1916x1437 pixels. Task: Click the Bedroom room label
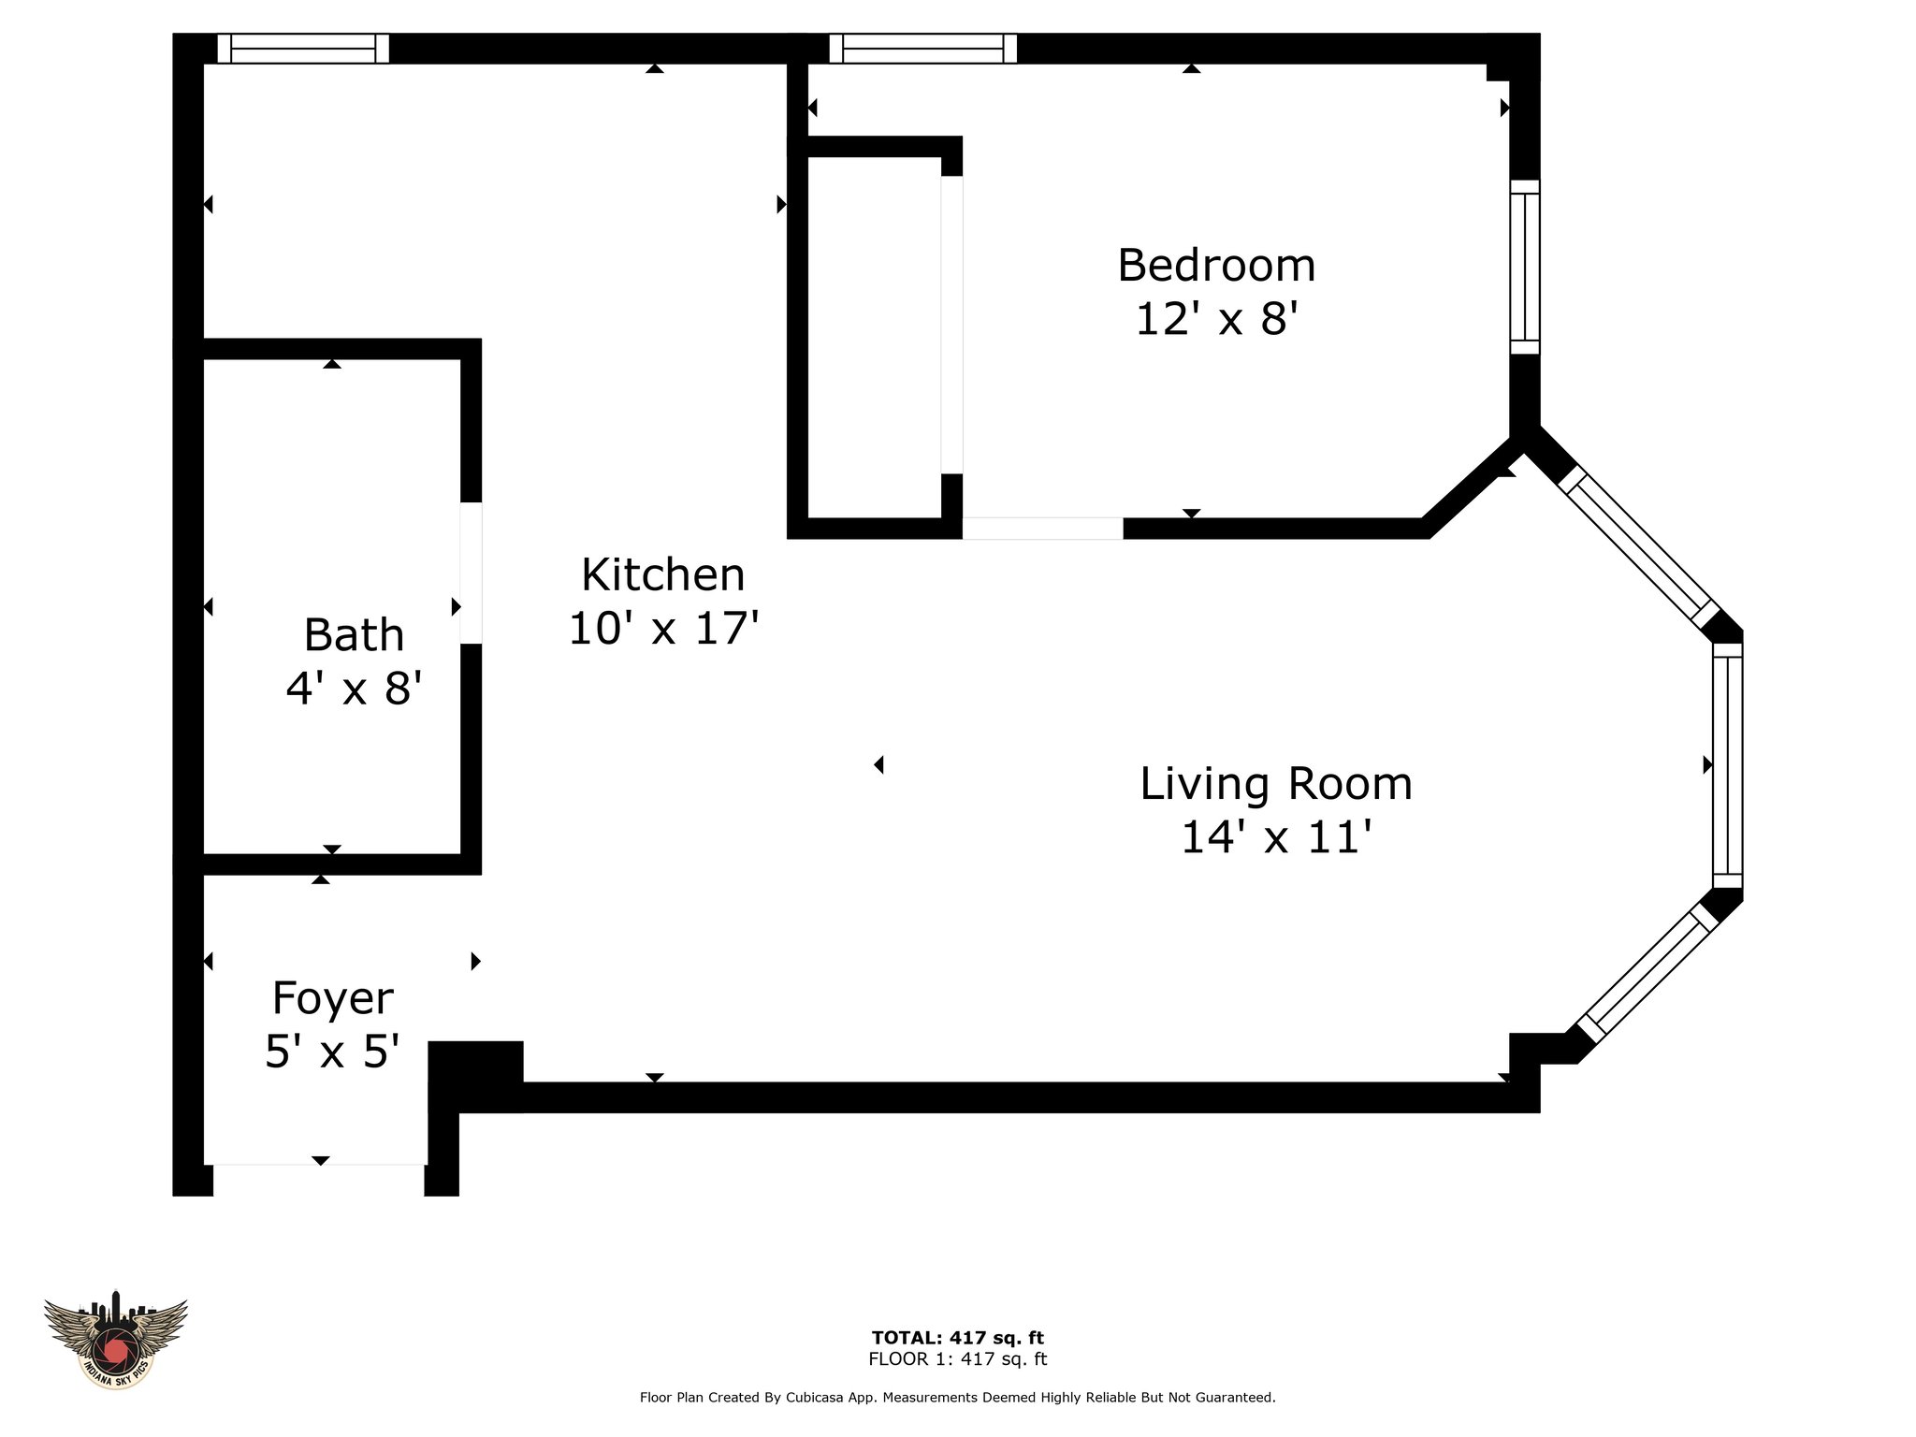(x=1216, y=266)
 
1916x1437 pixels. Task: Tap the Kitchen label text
(x=663, y=574)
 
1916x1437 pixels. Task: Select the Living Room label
(x=1276, y=784)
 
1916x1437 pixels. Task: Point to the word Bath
(x=354, y=635)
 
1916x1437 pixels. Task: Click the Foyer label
(x=333, y=999)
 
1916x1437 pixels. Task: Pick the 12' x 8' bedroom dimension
(x=1216, y=319)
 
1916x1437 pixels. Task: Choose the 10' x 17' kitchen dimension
(x=663, y=628)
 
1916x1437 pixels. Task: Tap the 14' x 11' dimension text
(x=1276, y=837)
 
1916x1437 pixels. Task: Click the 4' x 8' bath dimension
(x=354, y=689)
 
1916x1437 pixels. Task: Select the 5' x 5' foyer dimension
(x=333, y=1052)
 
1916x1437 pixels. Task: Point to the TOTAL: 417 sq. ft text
(x=958, y=1338)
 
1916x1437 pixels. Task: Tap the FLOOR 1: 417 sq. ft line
(x=958, y=1359)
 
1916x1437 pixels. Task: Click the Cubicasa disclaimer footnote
(x=958, y=1398)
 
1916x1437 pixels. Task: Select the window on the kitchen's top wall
(x=303, y=49)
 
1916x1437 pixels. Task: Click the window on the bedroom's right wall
(x=1525, y=267)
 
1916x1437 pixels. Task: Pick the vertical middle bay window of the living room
(x=1728, y=765)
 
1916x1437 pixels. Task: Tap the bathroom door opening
(x=472, y=573)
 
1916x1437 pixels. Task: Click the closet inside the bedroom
(x=874, y=337)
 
